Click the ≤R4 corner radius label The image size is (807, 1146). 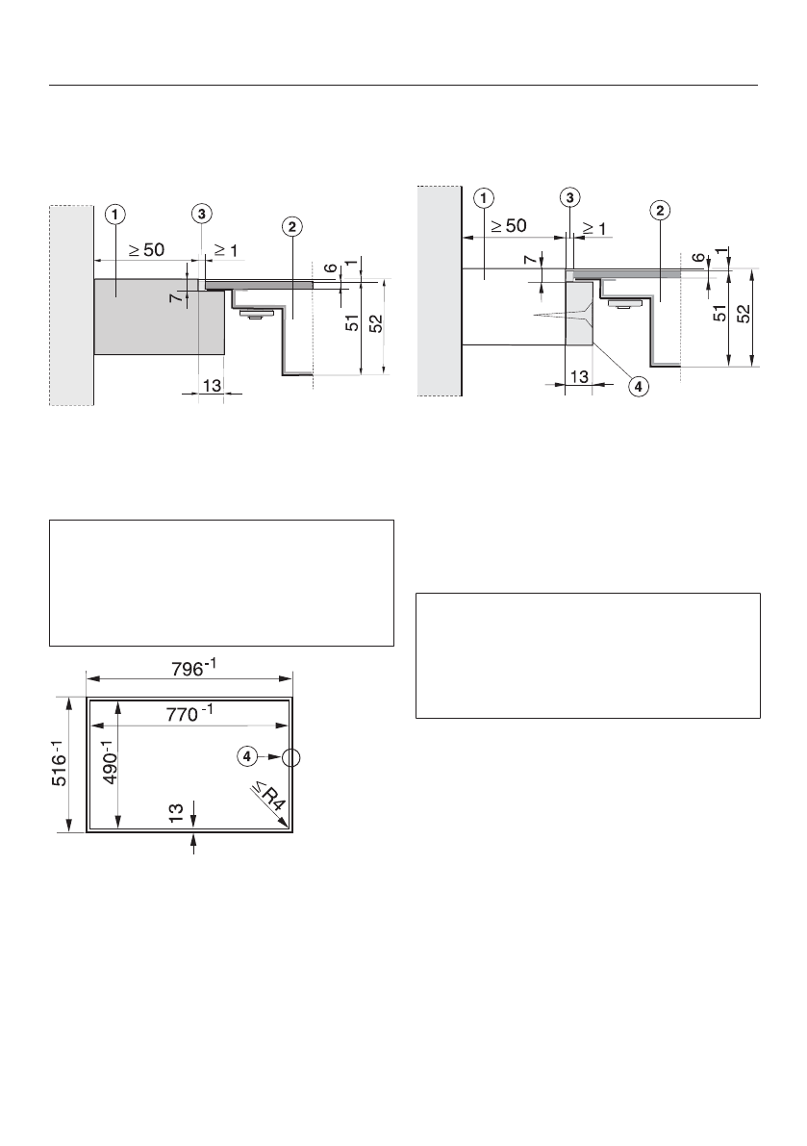click(268, 801)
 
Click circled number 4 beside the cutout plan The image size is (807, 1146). click(247, 757)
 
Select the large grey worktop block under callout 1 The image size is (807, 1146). click(159, 318)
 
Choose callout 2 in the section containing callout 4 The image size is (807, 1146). click(660, 210)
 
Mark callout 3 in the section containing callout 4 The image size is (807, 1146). click(570, 197)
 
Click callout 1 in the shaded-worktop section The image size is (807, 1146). click(114, 214)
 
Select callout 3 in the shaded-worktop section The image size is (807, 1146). click(200, 213)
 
